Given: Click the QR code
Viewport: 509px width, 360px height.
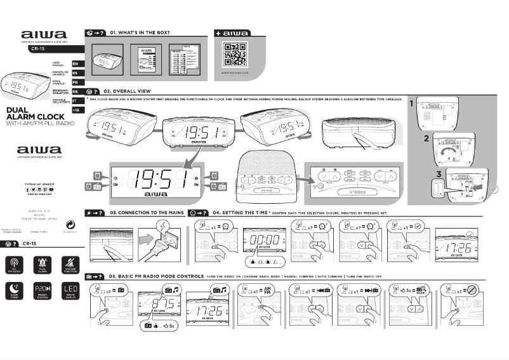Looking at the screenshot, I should tap(234, 55).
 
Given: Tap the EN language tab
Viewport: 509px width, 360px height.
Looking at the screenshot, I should tap(75, 64).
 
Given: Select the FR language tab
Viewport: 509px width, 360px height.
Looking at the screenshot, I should tap(75, 83).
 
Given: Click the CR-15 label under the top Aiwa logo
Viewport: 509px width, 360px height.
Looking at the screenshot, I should tap(38, 48).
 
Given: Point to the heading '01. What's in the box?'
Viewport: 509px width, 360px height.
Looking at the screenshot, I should tap(139, 32).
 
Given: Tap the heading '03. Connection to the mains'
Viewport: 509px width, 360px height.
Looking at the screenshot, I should tap(147, 213).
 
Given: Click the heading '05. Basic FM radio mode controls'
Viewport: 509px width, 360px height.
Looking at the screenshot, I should tap(155, 277).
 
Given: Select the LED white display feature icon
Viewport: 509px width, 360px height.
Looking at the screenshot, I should tap(69, 291).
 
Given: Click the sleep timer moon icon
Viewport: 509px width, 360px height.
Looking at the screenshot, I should tap(15, 291).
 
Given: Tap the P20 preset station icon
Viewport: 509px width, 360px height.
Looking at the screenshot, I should tap(42, 291).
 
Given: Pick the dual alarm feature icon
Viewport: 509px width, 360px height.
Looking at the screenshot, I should tap(42, 264).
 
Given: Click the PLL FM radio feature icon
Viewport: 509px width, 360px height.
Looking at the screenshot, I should tap(15, 264).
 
